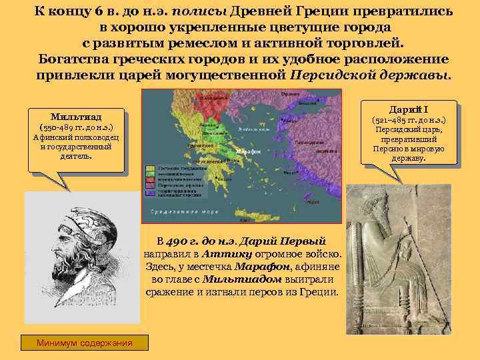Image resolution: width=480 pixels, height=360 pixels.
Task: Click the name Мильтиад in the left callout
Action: pos(74,114)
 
